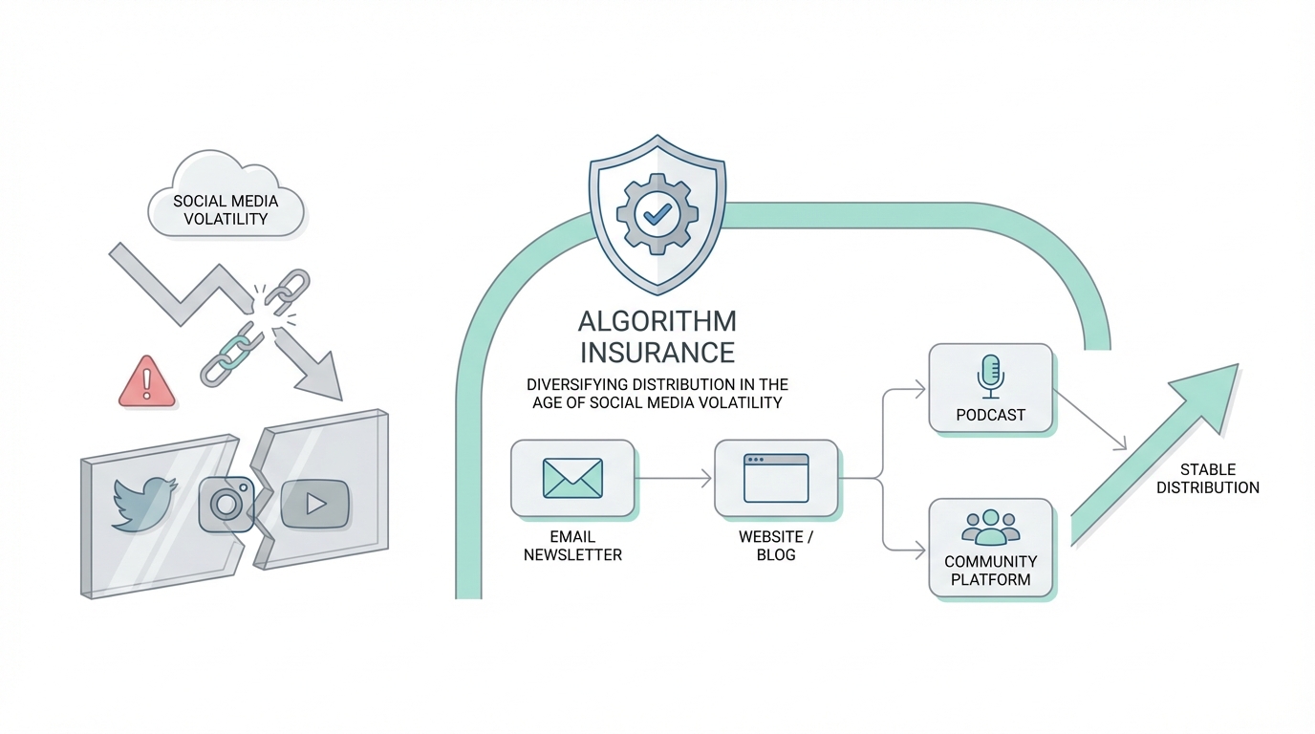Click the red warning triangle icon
[x=147, y=382]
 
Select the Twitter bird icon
[x=143, y=502]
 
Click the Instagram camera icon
[x=226, y=504]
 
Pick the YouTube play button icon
[x=314, y=502]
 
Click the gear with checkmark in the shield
[x=657, y=213]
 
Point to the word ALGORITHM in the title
[x=657, y=321]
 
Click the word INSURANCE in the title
[x=657, y=353]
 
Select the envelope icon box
[x=572, y=478]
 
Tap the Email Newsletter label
[x=572, y=546]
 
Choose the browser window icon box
[x=776, y=478]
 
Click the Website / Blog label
[x=776, y=546]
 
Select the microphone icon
[x=990, y=376]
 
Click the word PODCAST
[x=990, y=415]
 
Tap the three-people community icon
[x=990, y=527]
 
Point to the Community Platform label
[x=990, y=570]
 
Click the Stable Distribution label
[x=1207, y=479]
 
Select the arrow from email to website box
[x=674, y=478]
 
